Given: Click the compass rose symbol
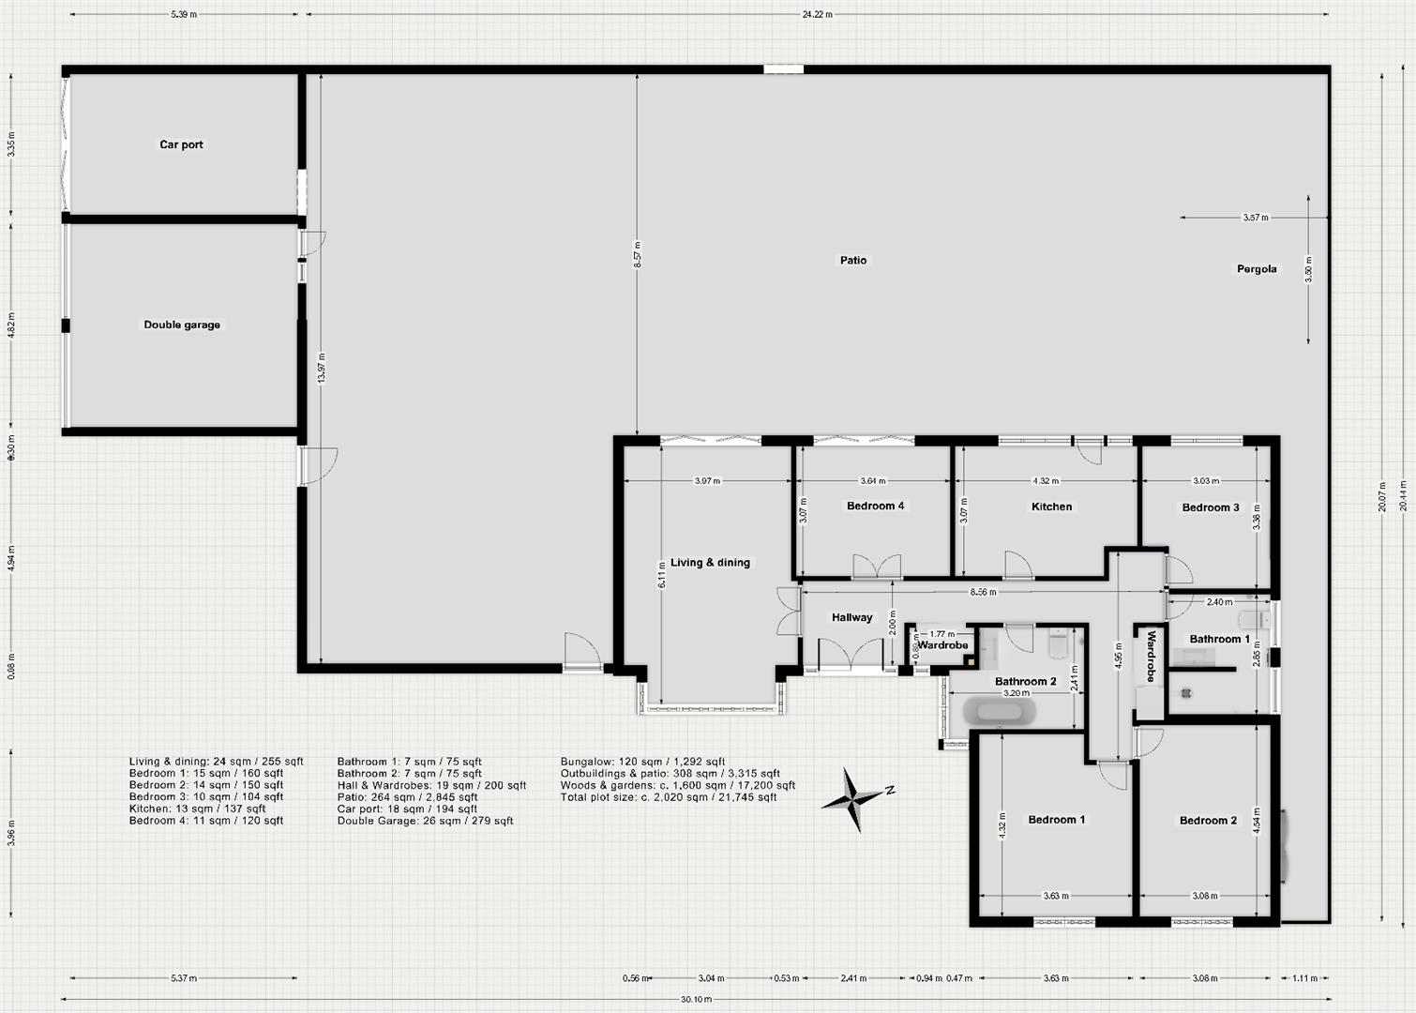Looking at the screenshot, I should pos(854,800).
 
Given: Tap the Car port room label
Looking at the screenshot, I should pos(181,144).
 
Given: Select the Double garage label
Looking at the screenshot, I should pos(182,325).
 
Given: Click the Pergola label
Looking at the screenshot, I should pos(1256,269).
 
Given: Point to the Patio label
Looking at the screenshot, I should pos(852,260).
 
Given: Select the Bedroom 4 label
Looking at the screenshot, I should pos(875,506).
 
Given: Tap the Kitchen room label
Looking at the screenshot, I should pos(1051,506).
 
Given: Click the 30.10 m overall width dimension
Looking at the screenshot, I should pos(696,999).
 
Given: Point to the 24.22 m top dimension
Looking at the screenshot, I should pos(817,15).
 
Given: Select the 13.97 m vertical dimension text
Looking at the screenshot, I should pos(322,368).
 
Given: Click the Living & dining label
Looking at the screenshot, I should pos(710,563).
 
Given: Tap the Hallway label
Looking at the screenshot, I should pos(851,617).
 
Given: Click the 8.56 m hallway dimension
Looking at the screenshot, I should pos(983,592).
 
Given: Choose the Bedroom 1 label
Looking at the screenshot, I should pos(1056,820).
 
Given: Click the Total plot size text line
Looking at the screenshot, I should pos(669,797).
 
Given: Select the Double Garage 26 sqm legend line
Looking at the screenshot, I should pos(425,821).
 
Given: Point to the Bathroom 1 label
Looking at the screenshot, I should pos(1219,639).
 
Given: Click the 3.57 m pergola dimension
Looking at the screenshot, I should pos(1255,218).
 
